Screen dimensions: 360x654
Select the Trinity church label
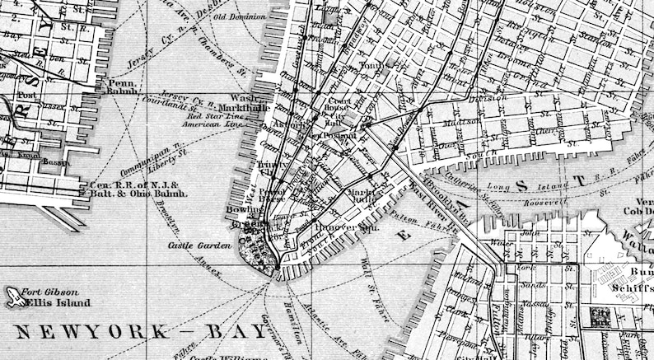tap(270, 165)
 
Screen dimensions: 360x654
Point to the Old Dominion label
tap(240, 16)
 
